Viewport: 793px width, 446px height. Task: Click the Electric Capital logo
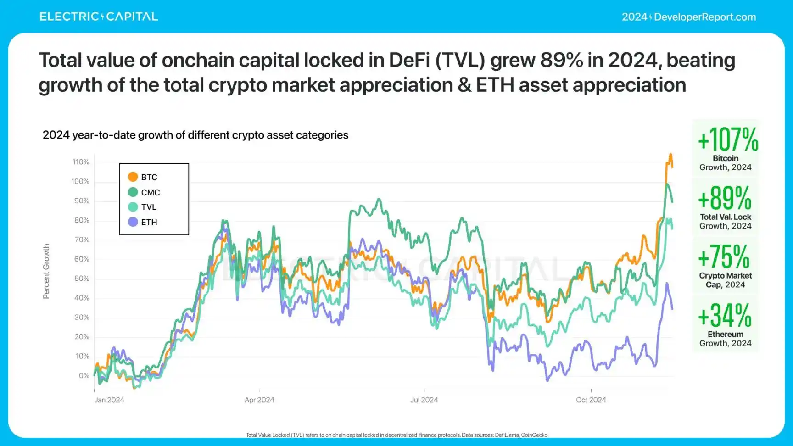99,17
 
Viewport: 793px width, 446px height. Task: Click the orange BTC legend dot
133,177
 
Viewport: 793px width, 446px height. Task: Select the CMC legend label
151,192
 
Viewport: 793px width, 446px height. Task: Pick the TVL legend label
149,207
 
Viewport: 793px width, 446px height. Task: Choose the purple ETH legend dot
133,222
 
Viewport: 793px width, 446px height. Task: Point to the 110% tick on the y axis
81,162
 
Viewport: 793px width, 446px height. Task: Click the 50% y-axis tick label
82,279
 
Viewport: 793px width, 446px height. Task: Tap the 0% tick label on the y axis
84,375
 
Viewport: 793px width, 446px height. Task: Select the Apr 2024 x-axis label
259,400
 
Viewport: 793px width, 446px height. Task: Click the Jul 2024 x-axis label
424,400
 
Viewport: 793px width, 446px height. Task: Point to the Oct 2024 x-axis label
591,400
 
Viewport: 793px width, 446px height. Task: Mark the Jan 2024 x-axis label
109,400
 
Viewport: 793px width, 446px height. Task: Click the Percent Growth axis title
46,272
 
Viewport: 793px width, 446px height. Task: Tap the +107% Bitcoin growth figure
728,139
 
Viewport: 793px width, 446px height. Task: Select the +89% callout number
725,198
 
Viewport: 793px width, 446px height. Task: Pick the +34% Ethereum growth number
725,316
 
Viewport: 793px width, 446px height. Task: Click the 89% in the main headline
562,60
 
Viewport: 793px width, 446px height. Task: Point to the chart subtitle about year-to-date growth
195,135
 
